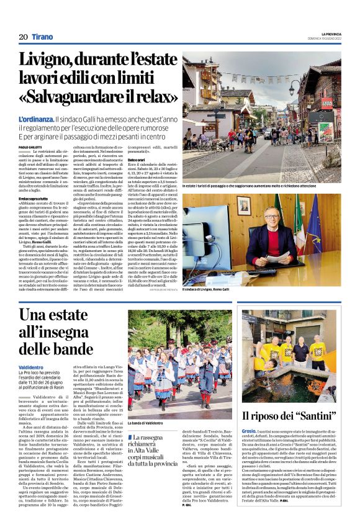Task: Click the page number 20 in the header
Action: coord(23,37)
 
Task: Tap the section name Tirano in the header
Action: coord(43,37)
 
